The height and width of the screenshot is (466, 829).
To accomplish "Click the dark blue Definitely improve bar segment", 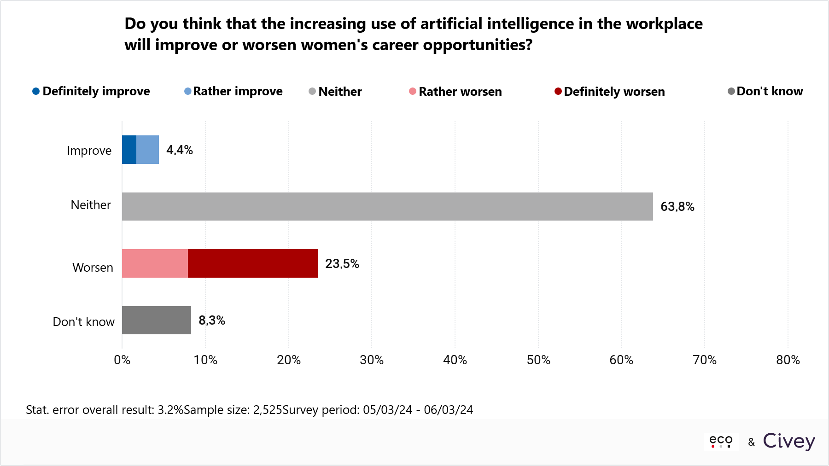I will click(x=129, y=150).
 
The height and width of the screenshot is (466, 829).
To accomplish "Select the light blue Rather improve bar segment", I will click(x=147, y=150).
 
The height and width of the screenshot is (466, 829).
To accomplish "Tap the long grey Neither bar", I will click(x=387, y=206).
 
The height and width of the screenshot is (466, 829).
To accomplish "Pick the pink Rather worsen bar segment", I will click(x=155, y=263).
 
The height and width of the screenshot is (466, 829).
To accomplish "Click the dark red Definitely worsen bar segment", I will click(x=252, y=263).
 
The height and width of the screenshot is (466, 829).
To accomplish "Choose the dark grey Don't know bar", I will click(x=156, y=320).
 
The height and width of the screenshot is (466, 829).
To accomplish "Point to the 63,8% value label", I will click(x=677, y=207).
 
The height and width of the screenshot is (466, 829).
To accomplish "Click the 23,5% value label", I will click(x=342, y=264).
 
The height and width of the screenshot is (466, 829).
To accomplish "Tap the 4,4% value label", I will click(x=179, y=150).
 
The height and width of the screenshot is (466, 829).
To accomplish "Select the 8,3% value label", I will click(x=211, y=320).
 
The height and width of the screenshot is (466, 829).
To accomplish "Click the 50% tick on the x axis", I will click(x=538, y=360).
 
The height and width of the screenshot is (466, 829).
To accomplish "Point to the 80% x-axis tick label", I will click(x=788, y=360).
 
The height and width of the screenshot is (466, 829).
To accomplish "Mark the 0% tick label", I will click(x=122, y=360).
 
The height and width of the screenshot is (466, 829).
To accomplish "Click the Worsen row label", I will click(x=93, y=268).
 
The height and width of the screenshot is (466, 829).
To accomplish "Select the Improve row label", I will click(x=89, y=151).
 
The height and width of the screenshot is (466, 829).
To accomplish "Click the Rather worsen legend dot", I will click(x=413, y=91).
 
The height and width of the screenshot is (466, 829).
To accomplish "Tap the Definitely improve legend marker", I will click(x=36, y=91).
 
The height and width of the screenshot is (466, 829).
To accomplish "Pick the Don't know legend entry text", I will click(x=770, y=91).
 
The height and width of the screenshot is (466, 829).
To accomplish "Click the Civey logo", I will click(x=789, y=441).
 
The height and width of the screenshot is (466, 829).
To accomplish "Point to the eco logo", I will click(x=721, y=441).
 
